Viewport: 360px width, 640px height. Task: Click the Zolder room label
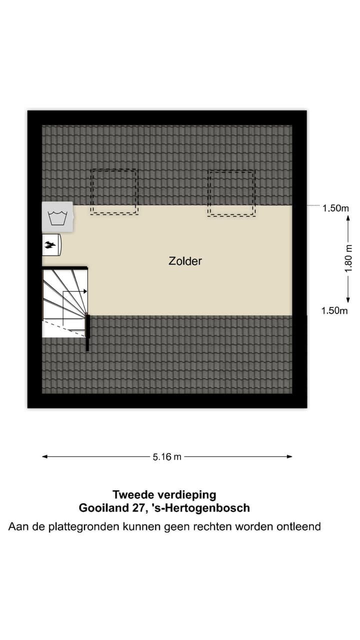coord(185,261)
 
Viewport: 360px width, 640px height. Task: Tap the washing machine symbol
coord(57,217)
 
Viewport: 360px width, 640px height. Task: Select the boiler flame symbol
coord(50,244)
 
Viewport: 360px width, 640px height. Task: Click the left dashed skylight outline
coord(114,192)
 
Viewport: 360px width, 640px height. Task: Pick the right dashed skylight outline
coord(231,193)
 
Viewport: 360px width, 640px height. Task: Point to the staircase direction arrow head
coord(86,291)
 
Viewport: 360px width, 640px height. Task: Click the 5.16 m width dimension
coord(167,457)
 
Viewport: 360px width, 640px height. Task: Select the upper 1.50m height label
coord(335,208)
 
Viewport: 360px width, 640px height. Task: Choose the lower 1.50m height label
coord(334,311)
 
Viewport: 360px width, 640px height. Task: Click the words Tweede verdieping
coord(164,495)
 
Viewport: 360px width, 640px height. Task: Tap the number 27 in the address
coord(137,508)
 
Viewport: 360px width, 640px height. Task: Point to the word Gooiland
coord(102,508)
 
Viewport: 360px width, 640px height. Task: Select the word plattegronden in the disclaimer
coord(78,527)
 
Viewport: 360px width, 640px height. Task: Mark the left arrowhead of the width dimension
coord(44,456)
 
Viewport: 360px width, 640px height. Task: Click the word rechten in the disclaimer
coord(219,526)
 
